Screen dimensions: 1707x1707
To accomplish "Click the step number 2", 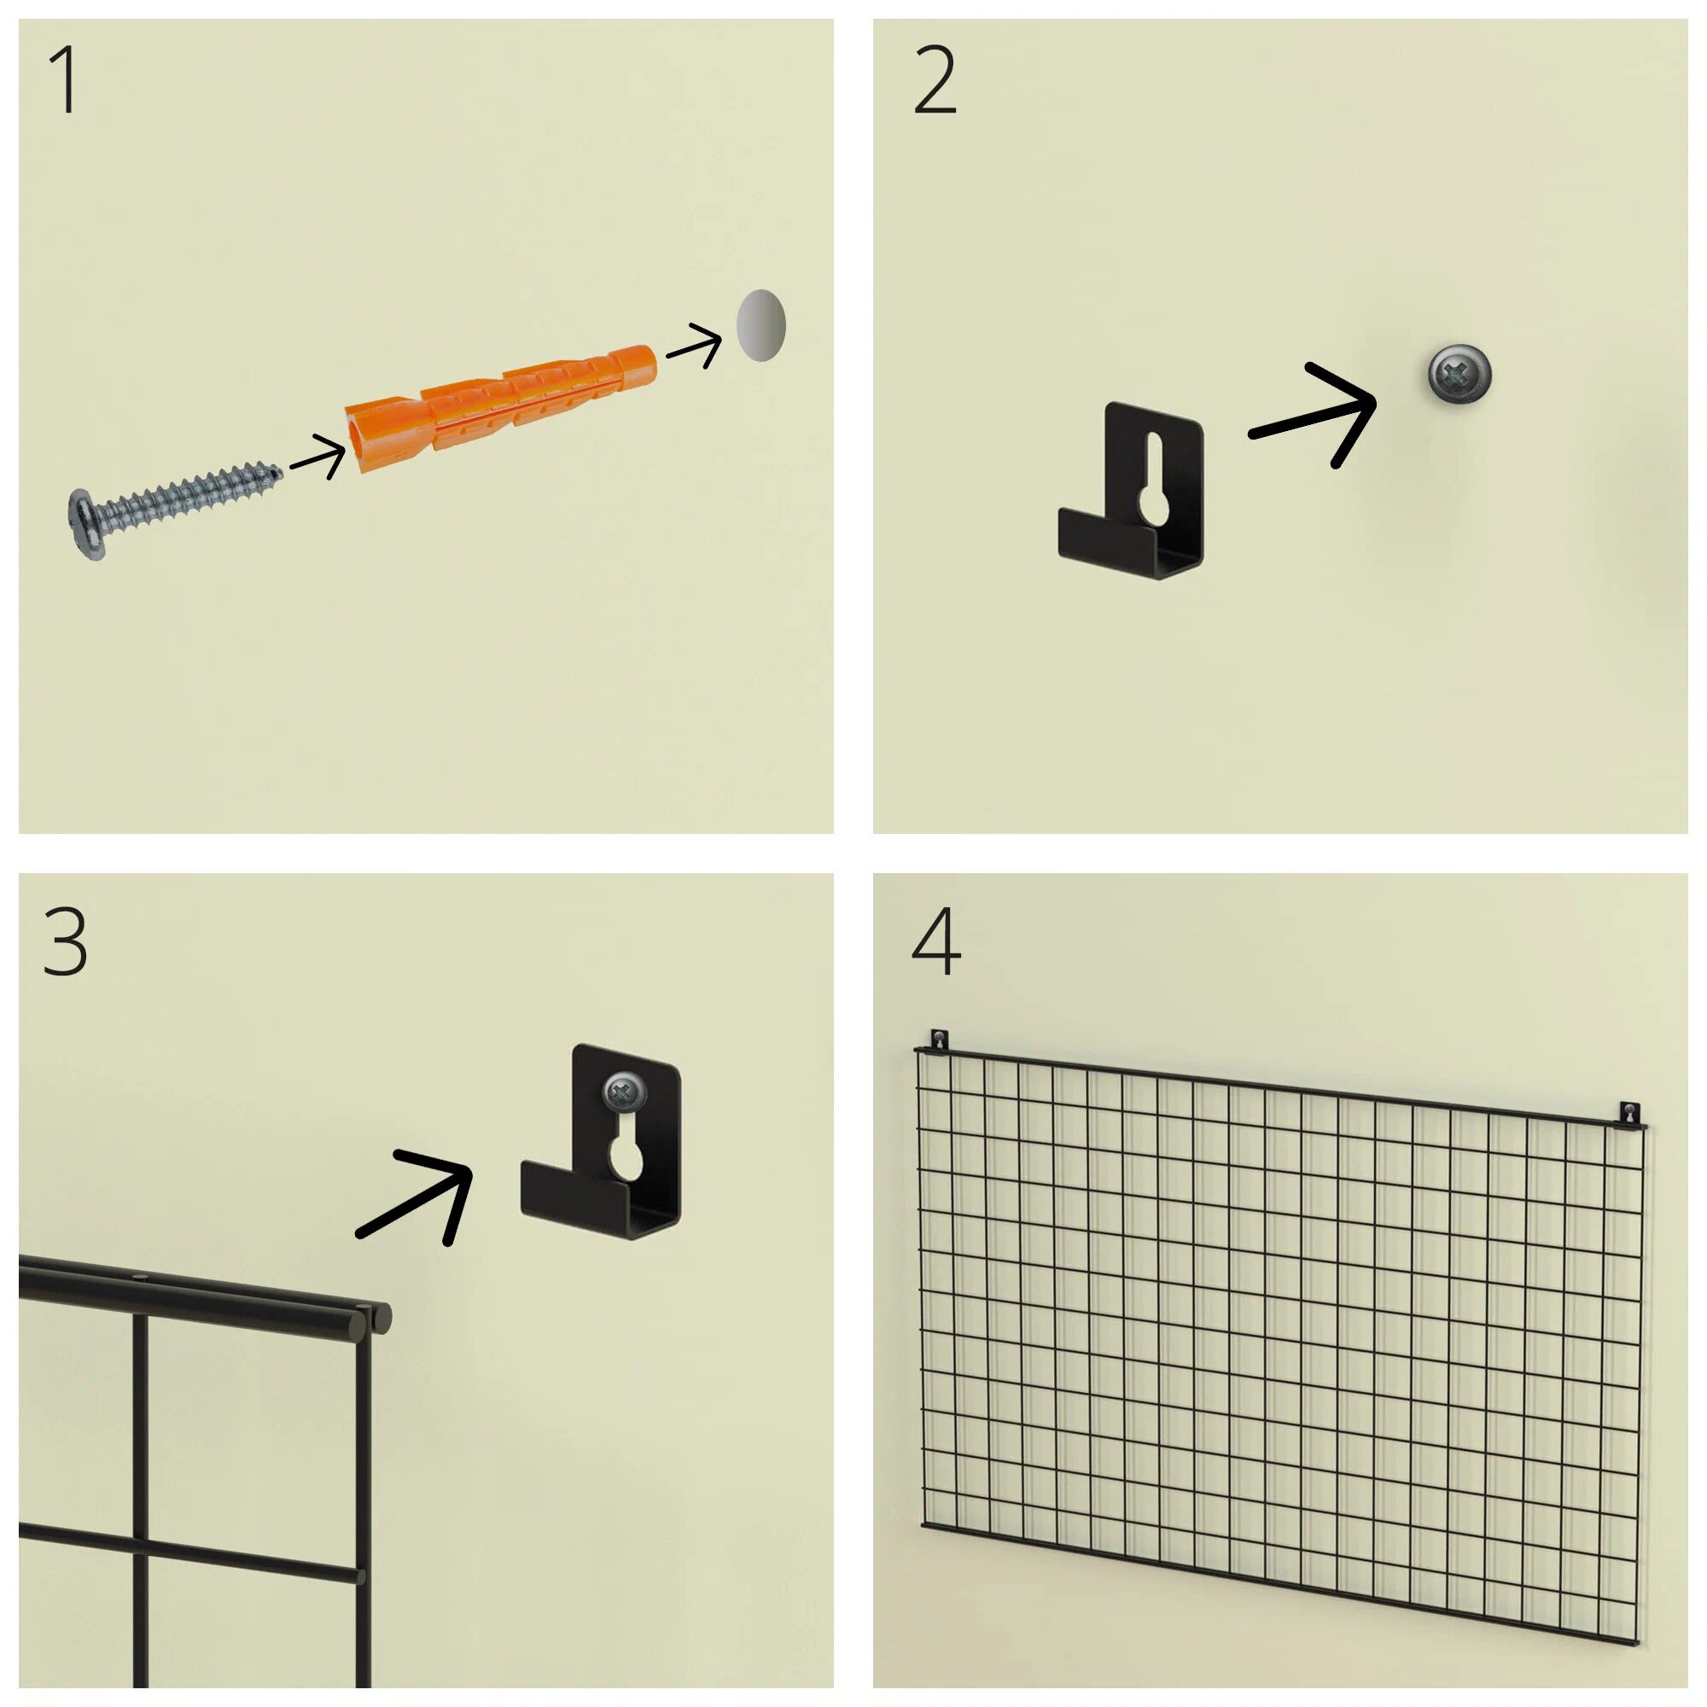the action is (935, 80).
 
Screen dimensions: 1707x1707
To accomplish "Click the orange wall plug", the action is (500, 408).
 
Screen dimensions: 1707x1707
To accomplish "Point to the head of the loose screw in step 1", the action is (86, 524).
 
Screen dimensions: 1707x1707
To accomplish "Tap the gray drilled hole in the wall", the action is (760, 325).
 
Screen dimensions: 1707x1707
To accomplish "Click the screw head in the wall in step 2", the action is (1459, 375).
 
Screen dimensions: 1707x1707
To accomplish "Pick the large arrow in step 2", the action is (1313, 416).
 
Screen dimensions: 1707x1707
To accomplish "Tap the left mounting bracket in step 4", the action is (939, 1040).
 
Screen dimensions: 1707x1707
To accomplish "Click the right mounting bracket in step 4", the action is (1628, 1115).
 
